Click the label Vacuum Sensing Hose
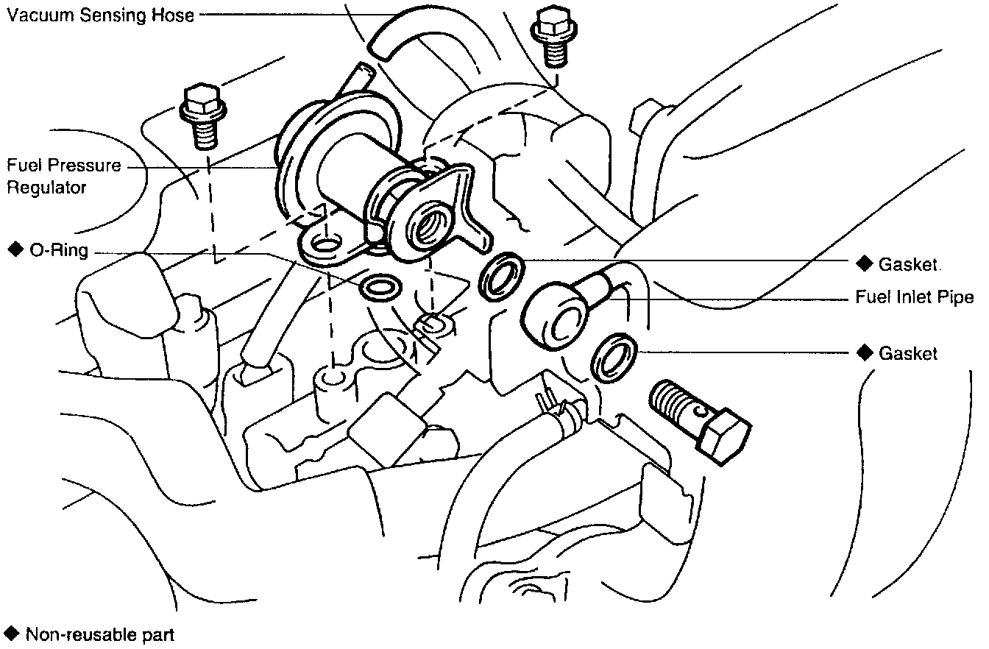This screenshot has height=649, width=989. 101,14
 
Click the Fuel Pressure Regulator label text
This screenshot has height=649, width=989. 63,176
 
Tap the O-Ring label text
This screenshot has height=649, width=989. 58,250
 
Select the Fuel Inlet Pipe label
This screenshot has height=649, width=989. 914,297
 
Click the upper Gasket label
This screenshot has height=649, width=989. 908,264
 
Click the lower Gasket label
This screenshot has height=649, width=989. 908,354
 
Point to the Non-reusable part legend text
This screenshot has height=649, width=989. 99,634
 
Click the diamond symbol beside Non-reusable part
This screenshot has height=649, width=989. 12,633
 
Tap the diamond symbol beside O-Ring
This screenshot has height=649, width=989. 14,250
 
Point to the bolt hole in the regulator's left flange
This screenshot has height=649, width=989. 325,243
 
